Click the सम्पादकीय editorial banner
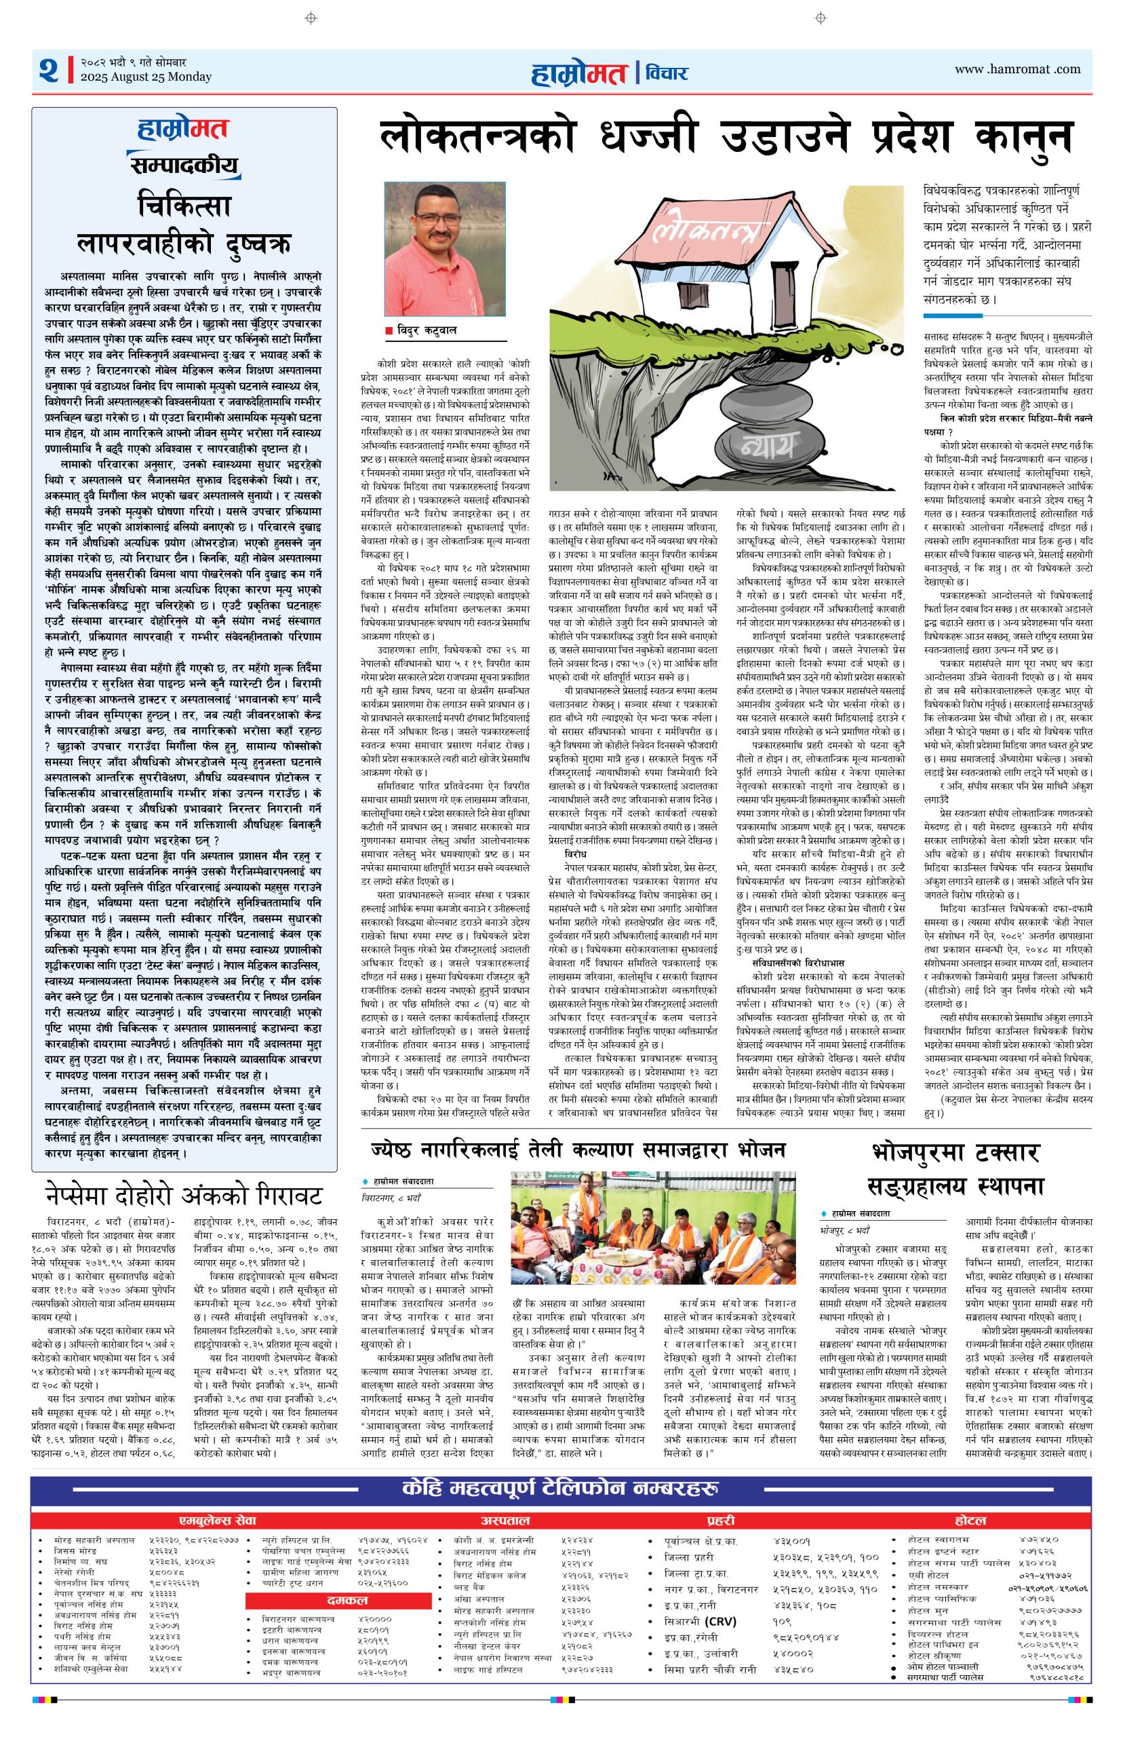(184, 166)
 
